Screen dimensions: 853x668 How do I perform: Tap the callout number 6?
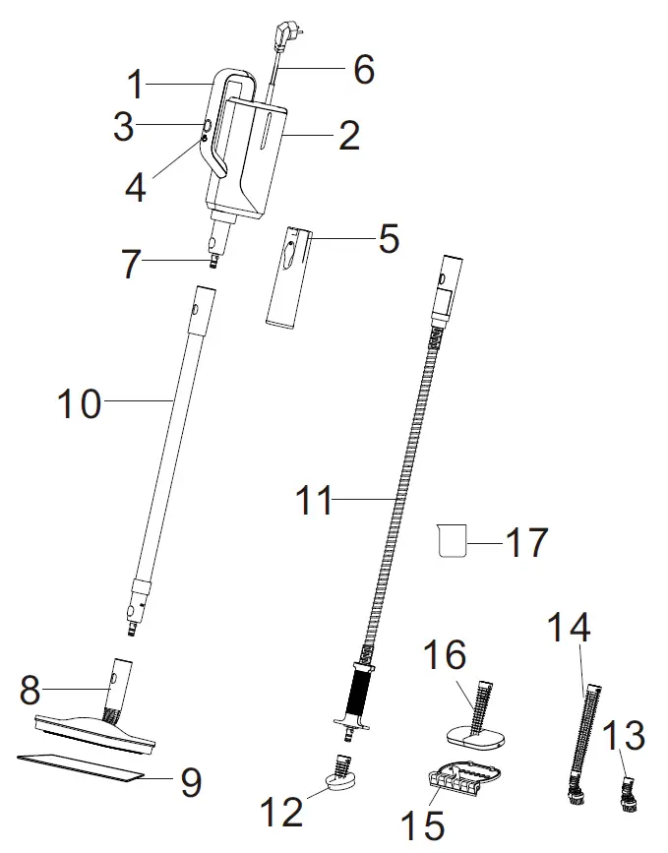pos(364,69)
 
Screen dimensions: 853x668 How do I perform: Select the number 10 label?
pos(79,403)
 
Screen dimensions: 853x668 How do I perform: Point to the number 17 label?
pos(525,541)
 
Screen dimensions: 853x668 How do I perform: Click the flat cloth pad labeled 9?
pos(79,768)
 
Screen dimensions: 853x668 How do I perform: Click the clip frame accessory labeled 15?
pos(463,779)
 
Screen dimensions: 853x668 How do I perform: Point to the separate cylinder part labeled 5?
pos(283,277)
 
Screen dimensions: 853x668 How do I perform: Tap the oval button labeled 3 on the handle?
pos(208,126)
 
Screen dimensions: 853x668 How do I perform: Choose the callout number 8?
pos(30,690)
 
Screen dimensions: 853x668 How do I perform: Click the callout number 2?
pos(348,136)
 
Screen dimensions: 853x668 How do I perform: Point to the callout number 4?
pos(135,187)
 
